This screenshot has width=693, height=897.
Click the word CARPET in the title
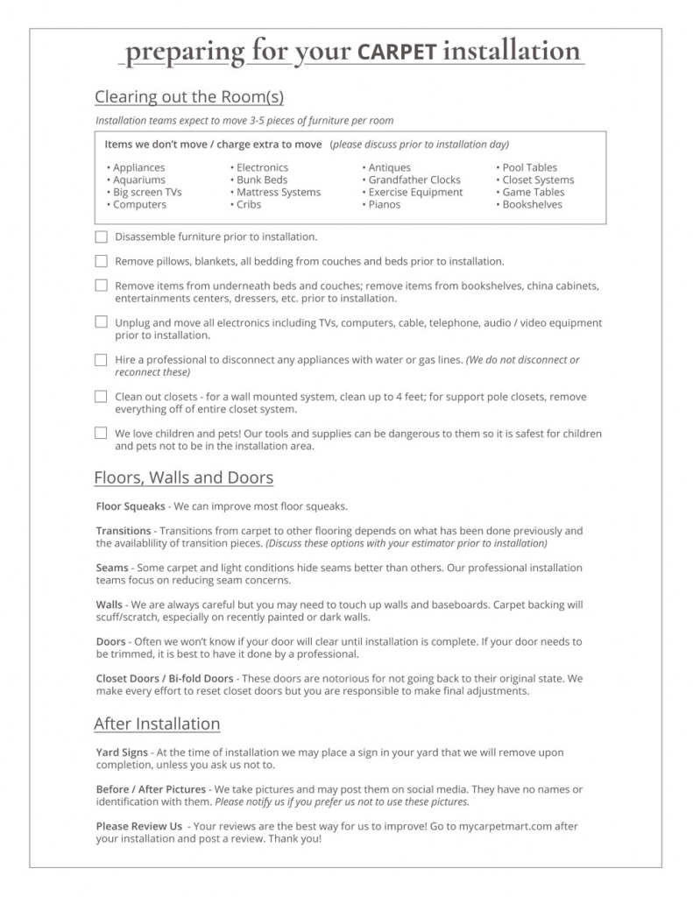pyautogui.click(x=397, y=53)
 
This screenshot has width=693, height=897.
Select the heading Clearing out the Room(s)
pyautogui.click(x=188, y=96)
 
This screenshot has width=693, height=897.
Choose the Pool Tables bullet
pyautogui.click(x=529, y=167)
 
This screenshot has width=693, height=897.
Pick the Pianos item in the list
pyautogui.click(x=384, y=204)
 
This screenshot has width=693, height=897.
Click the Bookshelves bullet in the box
pyautogui.click(x=532, y=204)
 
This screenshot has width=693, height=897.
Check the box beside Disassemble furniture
pyautogui.click(x=101, y=237)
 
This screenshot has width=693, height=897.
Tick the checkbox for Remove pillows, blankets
pyautogui.click(x=101, y=261)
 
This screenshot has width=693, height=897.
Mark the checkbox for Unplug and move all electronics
pyautogui.click(x=101, y=322)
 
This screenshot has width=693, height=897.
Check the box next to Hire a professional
pyautogui.click(x=101, y=359)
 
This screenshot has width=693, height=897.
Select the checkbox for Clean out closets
pyautogui.click(x=101, y=396)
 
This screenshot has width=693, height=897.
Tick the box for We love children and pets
pyautogui.click(x=101, y=433)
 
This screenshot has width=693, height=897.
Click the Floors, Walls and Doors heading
pyautogui.click(x=183, y=478)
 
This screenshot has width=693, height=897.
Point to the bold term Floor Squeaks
pyautogui.click(x=130, y=506)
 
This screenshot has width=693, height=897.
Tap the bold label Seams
pyautogui.click(x=112, y=568)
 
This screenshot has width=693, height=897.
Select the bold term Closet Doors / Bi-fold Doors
pyautogui.click(x=165, y=678)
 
